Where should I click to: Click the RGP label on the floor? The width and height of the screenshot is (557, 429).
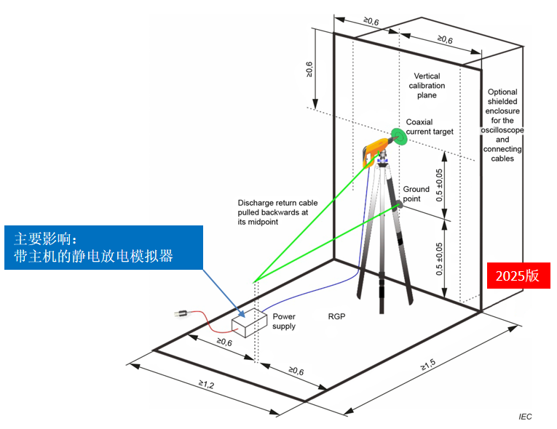click(x=337, y=317)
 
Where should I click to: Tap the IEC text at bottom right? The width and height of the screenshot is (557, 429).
click(x=525, y=417)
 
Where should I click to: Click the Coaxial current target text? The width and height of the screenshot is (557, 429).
click(x=430, y=127)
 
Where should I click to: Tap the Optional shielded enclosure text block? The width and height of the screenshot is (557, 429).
click(x=502, y=125)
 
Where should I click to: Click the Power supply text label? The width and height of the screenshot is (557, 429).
click(x=284, y=321)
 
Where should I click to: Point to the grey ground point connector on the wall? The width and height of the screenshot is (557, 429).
click(x=399, y=206)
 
